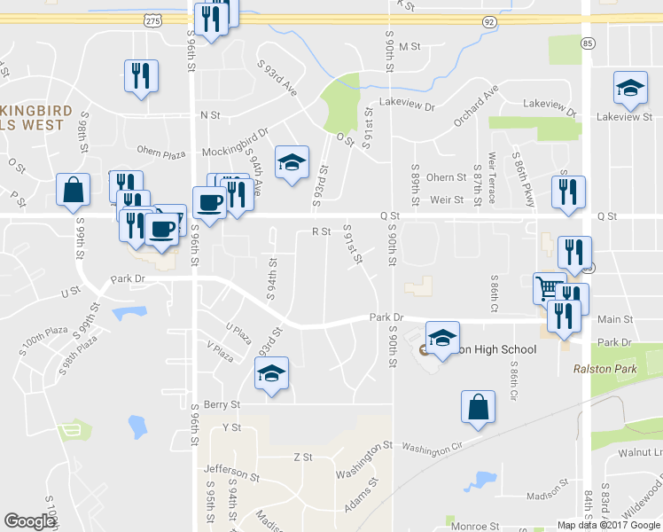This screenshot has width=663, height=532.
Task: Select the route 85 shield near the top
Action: (x=587, y=42)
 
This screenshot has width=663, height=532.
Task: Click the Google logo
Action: (x=29, y=521)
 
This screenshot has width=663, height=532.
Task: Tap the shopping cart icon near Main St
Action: (x=550, y=288)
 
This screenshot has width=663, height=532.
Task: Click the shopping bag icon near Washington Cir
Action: (x=478, y=407)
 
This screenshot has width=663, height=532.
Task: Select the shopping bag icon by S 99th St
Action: (x=72, y=190)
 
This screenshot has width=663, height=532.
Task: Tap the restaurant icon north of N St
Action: (x=141, y=76)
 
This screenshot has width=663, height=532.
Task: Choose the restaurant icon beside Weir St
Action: (x=565, y=192)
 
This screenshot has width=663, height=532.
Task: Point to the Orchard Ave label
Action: (x=477, y=106)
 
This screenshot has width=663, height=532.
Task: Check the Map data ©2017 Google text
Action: (x=608, y=525)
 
